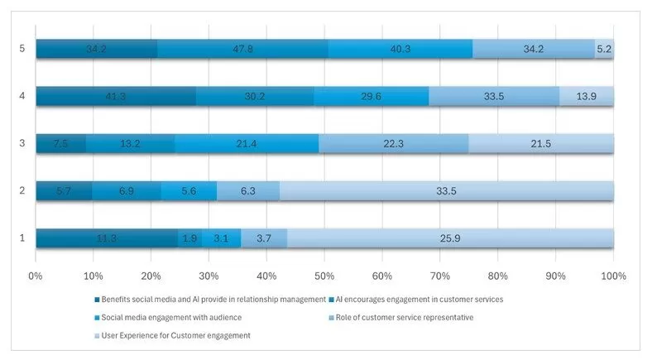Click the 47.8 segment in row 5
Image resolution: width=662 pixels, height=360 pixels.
pos(242,49)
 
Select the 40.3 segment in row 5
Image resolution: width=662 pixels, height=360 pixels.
pos(400,49)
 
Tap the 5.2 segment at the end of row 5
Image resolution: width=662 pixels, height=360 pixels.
pos(604,49)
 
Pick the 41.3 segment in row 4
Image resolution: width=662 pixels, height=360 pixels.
pos(116,96)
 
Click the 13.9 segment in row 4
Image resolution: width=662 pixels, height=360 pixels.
pos(587,96)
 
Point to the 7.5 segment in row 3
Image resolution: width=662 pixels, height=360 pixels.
pos(60,144)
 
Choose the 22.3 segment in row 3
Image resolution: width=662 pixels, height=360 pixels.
pos(393,144)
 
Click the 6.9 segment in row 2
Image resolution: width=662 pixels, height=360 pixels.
pos(127,191)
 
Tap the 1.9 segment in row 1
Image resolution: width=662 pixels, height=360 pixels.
pos(189,238)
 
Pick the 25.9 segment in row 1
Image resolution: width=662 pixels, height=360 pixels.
pos(450,238)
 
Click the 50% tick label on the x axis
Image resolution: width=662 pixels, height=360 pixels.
pos(324,274)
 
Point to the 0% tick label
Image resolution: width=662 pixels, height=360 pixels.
pos(36,274)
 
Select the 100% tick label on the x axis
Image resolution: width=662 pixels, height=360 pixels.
pos(613,274)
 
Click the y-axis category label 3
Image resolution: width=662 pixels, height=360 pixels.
pos(22,144)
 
